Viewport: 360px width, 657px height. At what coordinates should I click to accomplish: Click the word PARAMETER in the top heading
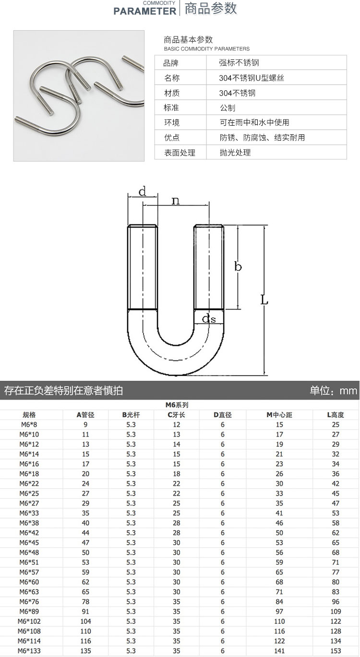144,11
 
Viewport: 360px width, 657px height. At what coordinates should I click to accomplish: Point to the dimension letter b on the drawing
238,266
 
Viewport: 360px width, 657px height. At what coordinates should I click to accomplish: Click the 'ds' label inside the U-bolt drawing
209,318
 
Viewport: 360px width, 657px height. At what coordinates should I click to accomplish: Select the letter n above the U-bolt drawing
176,201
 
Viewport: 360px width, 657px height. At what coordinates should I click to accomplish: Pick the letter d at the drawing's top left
142,191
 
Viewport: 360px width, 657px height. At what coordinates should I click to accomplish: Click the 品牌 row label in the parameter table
171,63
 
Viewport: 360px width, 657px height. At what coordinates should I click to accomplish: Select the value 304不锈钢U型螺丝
252,78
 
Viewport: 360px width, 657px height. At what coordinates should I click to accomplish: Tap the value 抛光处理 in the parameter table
235,153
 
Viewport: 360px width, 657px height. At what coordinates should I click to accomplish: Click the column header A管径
85,415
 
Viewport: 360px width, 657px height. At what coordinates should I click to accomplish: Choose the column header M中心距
279,415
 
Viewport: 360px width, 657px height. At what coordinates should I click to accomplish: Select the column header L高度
336,415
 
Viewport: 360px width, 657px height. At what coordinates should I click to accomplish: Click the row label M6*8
29,424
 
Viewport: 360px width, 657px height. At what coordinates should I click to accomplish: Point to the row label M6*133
29,651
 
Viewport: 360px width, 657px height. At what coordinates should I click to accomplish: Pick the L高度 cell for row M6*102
336,621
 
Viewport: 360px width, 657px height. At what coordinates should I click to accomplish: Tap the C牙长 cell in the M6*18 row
176,474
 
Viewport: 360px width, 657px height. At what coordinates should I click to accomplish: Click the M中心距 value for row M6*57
279,572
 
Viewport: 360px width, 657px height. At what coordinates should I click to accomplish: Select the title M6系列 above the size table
177,405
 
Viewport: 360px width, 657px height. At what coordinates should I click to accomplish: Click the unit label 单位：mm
334,391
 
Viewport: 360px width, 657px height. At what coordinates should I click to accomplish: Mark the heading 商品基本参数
188,40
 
